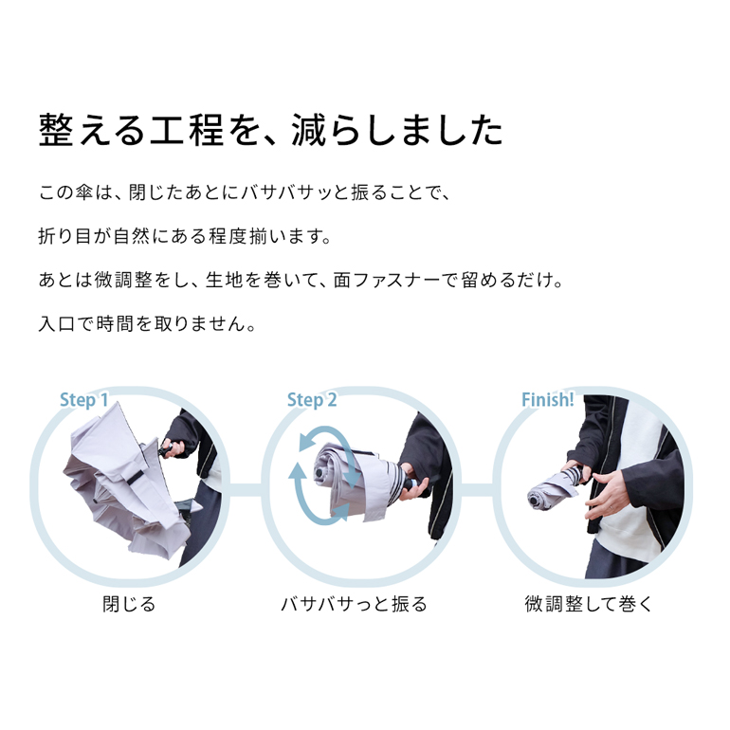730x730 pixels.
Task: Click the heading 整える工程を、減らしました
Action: coord(271,131)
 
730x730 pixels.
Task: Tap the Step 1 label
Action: coord(83,400)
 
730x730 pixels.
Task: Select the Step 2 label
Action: coord(312,400)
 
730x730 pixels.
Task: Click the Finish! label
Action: coord(548,400)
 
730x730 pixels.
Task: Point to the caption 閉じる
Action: coord(129,604)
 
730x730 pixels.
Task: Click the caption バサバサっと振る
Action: coord(354,604)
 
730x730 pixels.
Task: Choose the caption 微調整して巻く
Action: coord(589,604)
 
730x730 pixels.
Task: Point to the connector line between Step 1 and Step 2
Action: coord(246,490)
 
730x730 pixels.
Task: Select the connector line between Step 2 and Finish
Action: coord(476,490)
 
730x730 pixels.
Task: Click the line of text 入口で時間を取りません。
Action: coord(147,323)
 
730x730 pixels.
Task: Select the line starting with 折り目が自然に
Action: coord(185,236)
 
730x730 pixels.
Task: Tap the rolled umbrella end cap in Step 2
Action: coord(320,473)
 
